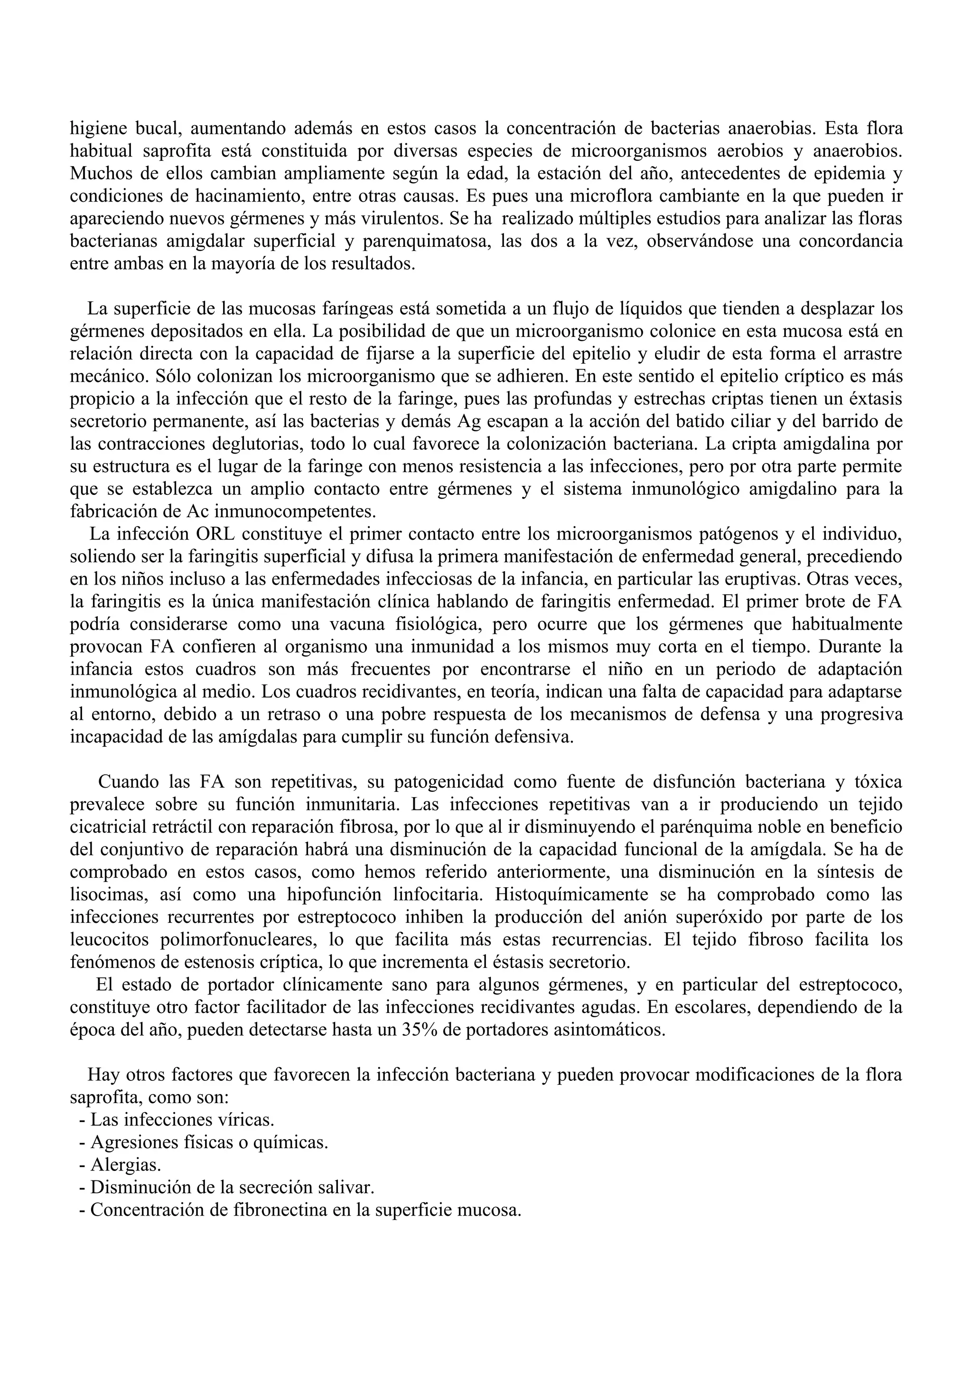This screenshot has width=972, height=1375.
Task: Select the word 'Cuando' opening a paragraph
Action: (128, 782)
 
